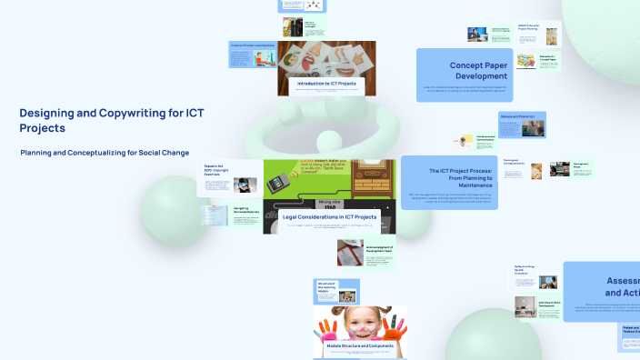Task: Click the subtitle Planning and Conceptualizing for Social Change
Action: pos(105,153)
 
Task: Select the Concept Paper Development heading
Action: pos(478,71)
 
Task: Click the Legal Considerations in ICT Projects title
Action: pos(329,217)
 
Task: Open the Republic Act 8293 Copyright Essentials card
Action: pos(215,171)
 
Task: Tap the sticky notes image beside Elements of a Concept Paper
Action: pos(525,60)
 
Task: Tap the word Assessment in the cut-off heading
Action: pos(622,281)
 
